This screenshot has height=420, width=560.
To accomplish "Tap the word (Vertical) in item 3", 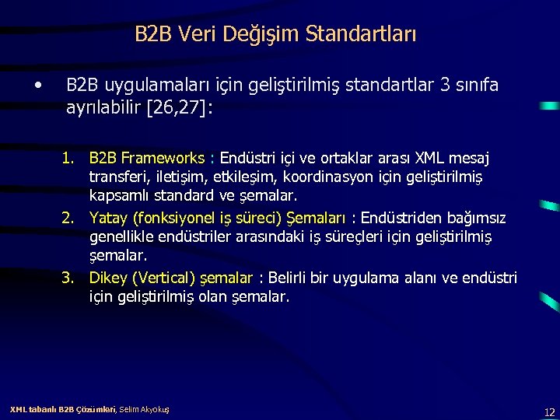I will pyautogui.click(x=163, y=278).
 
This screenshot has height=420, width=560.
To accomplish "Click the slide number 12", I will pyautogui.click(x=549, y=412).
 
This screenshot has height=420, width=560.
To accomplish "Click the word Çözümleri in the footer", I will pyautogui.click(x=96, y=409).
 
